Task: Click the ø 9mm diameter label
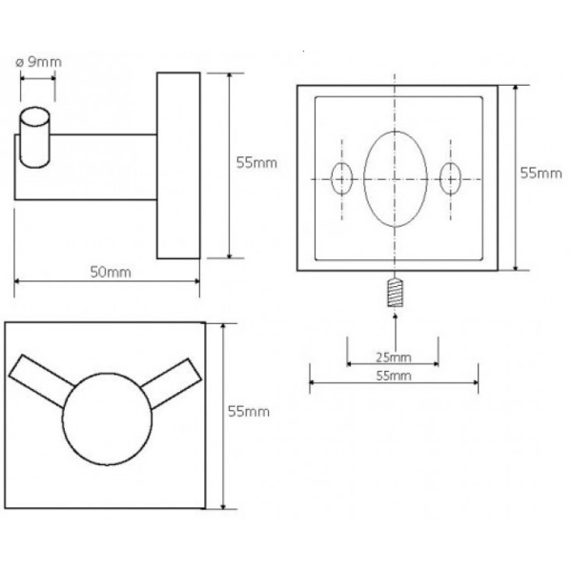pos(39,62)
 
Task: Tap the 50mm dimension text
pos(111,272)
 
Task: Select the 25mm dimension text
pos(393,357)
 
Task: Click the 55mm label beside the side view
pos(256,163)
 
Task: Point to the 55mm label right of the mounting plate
pos(541,174)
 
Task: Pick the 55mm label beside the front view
pos(249,412)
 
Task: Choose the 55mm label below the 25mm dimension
pos(393,376)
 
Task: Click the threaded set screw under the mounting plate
pos(395,293)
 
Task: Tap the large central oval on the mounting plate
pos(396,179)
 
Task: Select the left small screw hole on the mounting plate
pos(342,179)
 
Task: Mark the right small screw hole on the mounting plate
pos(451,179)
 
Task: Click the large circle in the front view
pos(107,419)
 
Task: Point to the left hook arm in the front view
pos(41,380)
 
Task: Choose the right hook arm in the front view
pos(171,383)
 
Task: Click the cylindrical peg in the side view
pos(34,137)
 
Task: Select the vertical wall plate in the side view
pos(178,166)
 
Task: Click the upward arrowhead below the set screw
pos(395,316)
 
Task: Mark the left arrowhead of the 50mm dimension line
pos(18,281)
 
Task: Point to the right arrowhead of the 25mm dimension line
pos(435,363)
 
